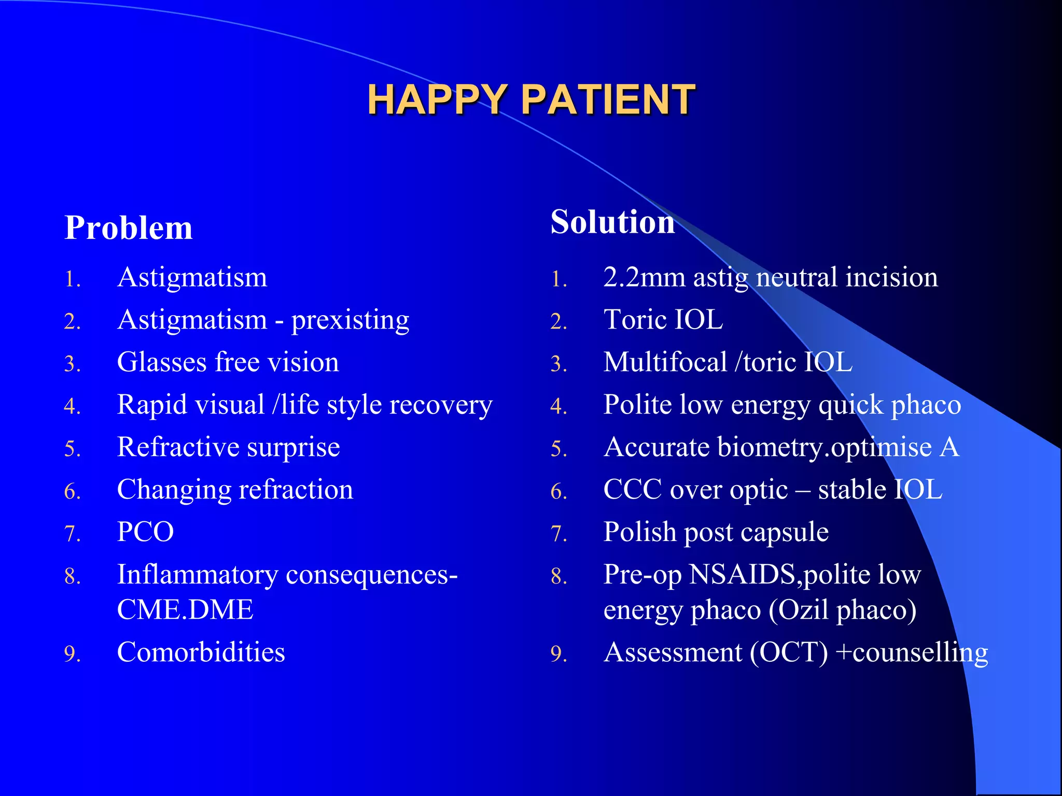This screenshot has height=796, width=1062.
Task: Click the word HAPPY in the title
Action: pos(437,99)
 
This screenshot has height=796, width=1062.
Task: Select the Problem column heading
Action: pos(128,228)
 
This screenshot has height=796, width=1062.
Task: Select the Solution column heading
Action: pos(612,222)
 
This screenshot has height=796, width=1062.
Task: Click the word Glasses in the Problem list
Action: pos(162,362)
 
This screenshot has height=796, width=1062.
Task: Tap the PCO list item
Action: pos(145,532)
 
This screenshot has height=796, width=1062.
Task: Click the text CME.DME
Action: pos(185,610)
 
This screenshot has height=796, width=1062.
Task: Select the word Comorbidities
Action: pos(201,652)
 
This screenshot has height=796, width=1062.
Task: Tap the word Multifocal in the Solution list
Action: pos(665,362)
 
